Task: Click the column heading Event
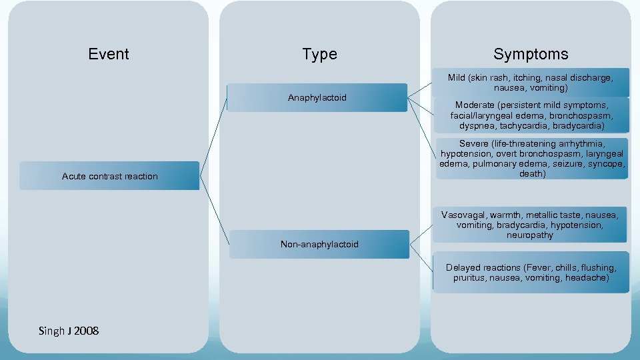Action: point(109,54)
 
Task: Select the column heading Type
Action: point(319,54)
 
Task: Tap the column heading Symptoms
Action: point(531,54)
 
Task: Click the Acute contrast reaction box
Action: point(109,176)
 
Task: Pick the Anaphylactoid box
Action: point(317,97)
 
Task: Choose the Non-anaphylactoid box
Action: point(319,244)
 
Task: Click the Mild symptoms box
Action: point(531,82)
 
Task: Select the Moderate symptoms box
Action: point(531,115)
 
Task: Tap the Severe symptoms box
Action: point(531,159)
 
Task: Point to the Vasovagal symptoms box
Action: point(531,225)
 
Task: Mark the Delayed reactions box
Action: point(531,272)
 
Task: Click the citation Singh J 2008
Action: point(69,331)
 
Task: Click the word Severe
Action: point(475,143)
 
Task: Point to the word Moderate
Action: point(477,105)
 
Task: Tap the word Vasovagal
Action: point(464,215)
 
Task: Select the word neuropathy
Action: point(530,235)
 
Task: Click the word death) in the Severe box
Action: point(531,174)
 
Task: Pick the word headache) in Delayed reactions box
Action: point(587,277)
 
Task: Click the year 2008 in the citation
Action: point(87,331)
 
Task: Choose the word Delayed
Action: point(464,267)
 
